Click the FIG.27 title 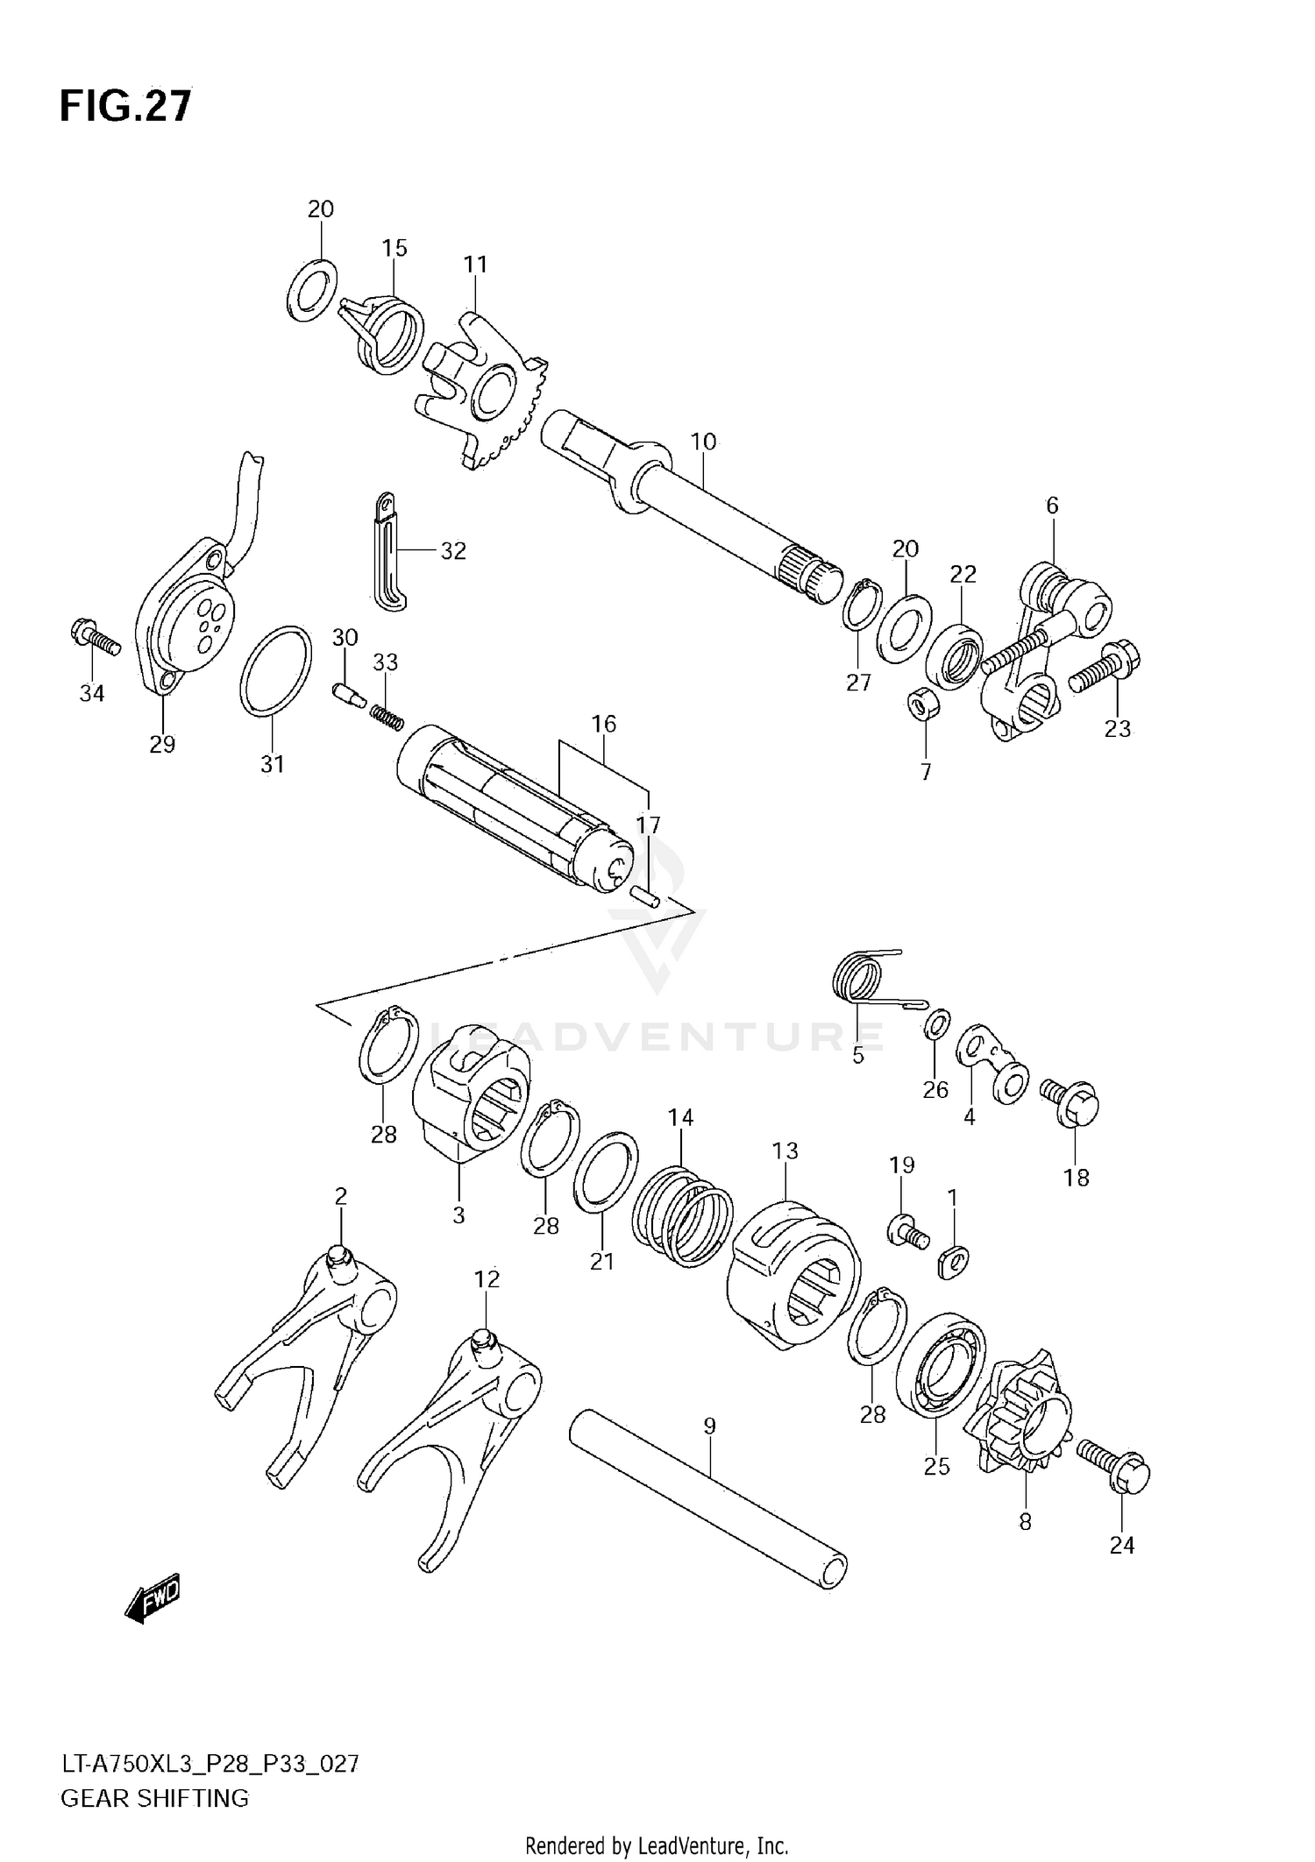(x=124, y=106)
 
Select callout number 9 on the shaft (x=709, y=1426)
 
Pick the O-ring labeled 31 (x=276, y=670)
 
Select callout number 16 (x=603, y=724)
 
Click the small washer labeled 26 (x=936, y=1023)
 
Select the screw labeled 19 (x=905, y=1233)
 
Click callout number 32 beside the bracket (x=453, y=551)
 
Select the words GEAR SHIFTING (x=154, y=1798)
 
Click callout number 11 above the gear (x=475, y=264)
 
